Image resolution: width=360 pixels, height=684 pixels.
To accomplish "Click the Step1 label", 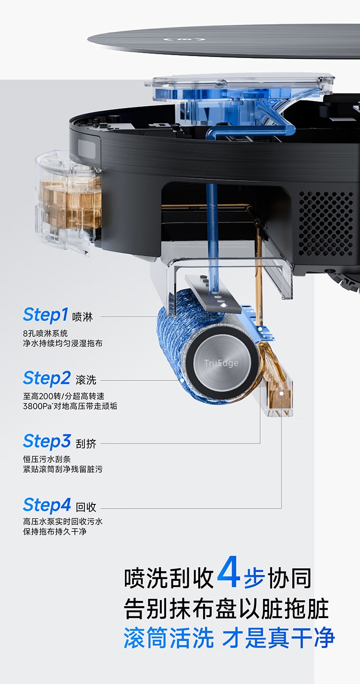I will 46,315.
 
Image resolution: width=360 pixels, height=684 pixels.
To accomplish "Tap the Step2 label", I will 47,379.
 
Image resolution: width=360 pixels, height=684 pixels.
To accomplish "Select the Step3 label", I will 47,441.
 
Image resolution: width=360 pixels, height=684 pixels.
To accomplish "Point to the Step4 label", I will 47,505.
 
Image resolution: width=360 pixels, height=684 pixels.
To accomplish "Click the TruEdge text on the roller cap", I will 221,363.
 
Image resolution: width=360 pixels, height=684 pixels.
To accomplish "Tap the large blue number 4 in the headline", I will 228,573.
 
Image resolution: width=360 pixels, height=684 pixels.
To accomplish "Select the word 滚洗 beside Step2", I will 86,380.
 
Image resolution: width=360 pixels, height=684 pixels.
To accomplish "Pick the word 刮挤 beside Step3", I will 86,443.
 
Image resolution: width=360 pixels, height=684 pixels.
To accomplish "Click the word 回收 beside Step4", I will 86,507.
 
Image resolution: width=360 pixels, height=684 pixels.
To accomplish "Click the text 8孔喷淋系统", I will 46,333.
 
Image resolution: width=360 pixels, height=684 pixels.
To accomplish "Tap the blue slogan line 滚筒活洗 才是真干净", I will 229,638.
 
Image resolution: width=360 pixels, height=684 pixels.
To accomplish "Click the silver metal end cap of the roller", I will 221,364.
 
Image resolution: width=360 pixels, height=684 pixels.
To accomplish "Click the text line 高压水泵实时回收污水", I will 62,521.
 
